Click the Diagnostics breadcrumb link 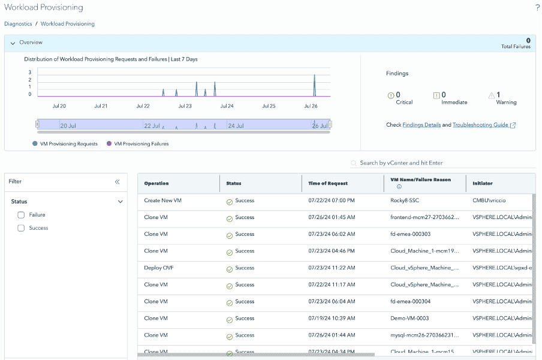coord(18,24)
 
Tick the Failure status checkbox coord(21,215)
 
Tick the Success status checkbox coord(21,228)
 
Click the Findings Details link coord(421,125)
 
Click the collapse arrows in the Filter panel coord(117,182)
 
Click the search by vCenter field coord(444,163)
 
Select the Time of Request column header coord(328,183)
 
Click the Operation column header coord(156,183)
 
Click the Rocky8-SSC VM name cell coord(405,200)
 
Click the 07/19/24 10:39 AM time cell coord(332,318)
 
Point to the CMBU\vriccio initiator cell coord(493,200)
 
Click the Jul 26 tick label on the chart coord(311,106)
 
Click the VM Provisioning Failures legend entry coord(141,144)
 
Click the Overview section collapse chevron coord(13,43)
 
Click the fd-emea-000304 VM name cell coord(410,301)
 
